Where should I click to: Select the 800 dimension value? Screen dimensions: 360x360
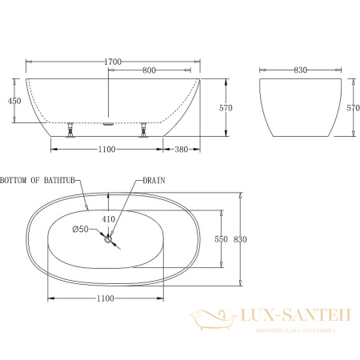tap(149, 70)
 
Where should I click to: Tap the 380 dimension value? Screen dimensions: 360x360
tap(182, 150)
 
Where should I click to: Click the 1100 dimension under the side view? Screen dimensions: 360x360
tap(108, 150)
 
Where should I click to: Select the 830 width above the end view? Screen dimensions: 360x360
tap(301, 70)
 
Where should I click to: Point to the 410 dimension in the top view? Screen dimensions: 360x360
tap(109, 218)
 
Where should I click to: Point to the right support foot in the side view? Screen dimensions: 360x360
tap(144, 129)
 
